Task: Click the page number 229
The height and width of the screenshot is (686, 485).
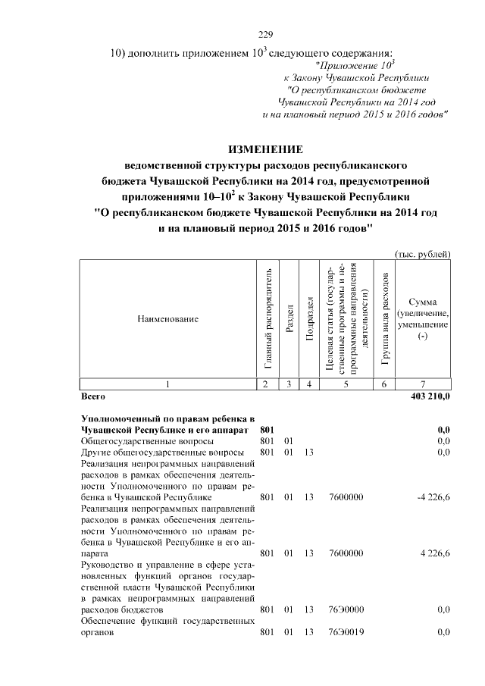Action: click(265, 35)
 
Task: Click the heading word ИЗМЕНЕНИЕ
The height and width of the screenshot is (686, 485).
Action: click(265, 149)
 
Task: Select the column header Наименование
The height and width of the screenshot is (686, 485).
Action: click(168, 319)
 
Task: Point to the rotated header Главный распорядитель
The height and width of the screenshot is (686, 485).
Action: click(268, 319)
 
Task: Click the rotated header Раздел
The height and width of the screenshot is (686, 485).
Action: click(289, 319)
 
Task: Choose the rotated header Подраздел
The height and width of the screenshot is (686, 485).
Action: click(308, 319)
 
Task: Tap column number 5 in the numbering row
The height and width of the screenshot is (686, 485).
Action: click(346, 385)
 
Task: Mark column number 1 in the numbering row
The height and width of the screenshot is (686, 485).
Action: click(168, 385)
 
